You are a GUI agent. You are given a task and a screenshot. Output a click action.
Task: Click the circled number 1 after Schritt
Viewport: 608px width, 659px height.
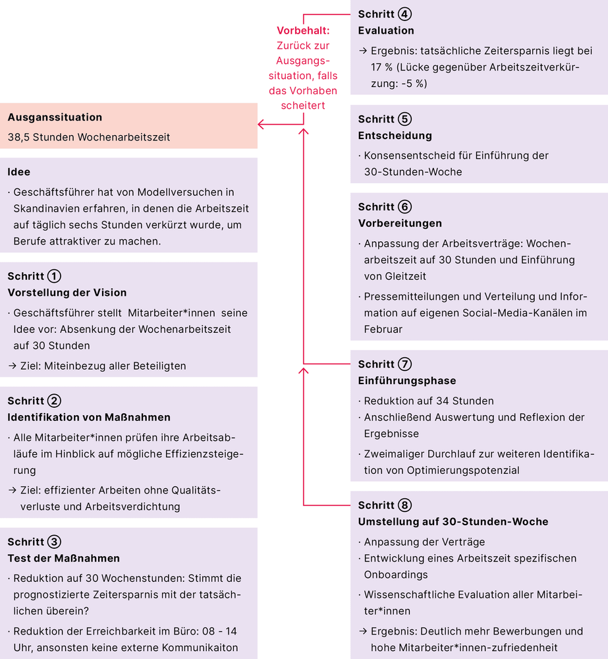(55, 276)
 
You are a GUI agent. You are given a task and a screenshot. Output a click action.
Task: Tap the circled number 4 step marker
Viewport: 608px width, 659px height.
(405, 14)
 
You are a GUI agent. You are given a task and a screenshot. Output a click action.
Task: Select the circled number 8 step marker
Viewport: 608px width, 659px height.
(405, 505)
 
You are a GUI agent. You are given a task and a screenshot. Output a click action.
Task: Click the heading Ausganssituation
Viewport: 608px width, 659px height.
(55, 117)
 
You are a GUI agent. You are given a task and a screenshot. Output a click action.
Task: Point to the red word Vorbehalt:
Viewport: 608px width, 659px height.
(303, 30)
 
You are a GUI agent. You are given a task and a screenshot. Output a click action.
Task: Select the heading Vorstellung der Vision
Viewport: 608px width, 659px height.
(67, 293)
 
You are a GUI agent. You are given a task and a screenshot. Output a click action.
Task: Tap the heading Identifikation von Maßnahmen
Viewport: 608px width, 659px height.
(89, 417)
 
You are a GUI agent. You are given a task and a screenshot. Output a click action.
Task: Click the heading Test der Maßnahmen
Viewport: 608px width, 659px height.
(64, 558)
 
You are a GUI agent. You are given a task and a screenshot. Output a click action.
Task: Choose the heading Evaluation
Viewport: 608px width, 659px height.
(386, 30)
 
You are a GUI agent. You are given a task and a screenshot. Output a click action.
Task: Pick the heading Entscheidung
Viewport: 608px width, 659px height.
(395, 136)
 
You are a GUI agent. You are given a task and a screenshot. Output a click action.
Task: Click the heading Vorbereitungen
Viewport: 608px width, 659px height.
(400, 223)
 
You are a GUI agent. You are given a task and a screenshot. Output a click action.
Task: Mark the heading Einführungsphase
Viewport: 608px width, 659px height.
(407, 381)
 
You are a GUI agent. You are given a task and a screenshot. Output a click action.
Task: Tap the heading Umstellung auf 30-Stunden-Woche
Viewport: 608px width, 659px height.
(453, 522)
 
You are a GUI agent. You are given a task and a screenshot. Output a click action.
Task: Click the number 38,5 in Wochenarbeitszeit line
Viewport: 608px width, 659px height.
(18, 137)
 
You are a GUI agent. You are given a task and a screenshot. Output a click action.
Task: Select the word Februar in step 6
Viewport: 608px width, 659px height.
(383, 329)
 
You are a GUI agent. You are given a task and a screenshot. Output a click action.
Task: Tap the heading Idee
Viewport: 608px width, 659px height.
(19, 171)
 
